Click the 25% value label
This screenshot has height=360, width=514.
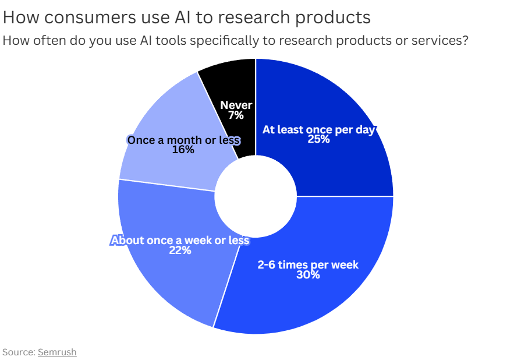[x=318, y=139]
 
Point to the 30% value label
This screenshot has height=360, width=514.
[x=308, y=275]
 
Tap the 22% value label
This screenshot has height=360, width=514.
[x=180, y=250]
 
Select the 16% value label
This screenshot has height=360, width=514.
[x=183, y=150]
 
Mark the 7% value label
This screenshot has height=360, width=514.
[x=236, y=115]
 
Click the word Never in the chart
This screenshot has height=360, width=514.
[x=236, y=105]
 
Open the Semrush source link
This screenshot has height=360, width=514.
[x=58, y=352]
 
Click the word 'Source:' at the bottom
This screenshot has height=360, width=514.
[x=19, y=352]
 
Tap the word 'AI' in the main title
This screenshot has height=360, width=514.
[x=182, y=17]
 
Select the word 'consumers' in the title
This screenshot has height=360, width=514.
[x=90, y=17]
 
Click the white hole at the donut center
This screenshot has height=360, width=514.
[x=256, y=196]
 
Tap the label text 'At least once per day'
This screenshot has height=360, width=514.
[x=318, y=130]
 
